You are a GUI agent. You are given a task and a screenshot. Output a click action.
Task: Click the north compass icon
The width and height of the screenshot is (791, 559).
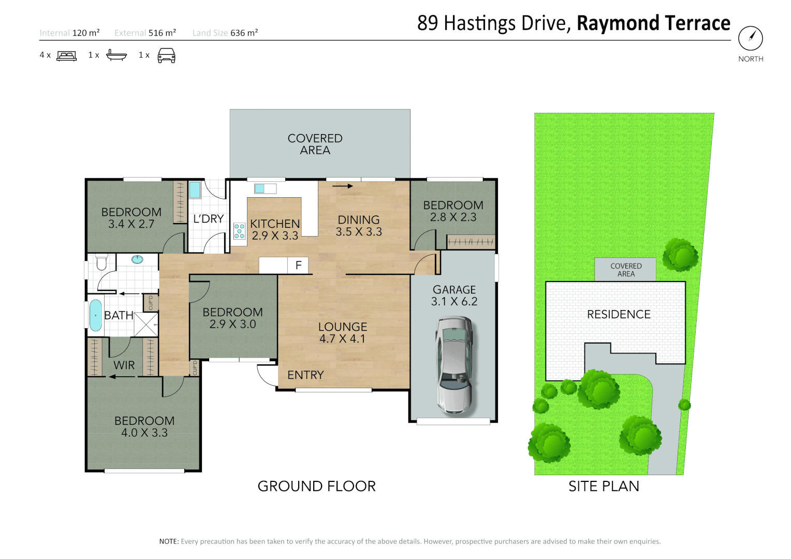coord(750,38)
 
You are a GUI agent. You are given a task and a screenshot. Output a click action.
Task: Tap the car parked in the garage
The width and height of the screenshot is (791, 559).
coord(454,365)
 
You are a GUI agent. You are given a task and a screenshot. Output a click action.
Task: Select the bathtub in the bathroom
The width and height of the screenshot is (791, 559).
coord(96,315)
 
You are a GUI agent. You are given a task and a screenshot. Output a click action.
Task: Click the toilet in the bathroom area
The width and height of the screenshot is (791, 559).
coord(101,262)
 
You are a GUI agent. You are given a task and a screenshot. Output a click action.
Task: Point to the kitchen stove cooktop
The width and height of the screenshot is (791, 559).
coord(239,231)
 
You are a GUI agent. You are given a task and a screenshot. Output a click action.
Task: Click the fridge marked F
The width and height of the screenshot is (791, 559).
coord(298,266)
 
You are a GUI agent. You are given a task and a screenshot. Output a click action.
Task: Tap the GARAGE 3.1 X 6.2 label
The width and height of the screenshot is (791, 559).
coord(454,296)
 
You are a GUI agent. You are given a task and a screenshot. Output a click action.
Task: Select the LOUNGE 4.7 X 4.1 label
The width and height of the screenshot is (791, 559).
coord(343,333)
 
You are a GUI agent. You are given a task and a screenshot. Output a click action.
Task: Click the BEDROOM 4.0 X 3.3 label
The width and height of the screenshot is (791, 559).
coord(144,426)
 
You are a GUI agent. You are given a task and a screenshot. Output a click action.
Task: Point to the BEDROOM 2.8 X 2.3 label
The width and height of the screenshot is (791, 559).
coord(453,211)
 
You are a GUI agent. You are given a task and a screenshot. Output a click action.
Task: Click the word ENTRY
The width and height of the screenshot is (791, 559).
coord(305,375)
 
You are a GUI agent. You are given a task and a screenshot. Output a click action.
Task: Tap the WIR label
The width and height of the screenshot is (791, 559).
coord(124,365)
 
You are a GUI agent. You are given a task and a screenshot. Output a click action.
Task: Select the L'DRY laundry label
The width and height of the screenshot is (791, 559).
coord(208,219)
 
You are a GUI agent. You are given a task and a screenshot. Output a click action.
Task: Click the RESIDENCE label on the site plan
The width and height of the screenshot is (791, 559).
coord(619,314)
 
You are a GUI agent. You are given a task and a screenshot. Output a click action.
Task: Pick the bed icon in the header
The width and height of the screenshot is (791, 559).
coord(66,55)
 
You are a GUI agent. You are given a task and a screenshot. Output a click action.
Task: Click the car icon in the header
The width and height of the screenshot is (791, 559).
coord(166,55)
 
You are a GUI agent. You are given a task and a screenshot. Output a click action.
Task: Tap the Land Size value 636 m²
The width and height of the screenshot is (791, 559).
coord(244,33)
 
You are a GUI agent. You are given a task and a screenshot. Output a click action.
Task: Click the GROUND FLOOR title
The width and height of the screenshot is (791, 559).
coord(316,486)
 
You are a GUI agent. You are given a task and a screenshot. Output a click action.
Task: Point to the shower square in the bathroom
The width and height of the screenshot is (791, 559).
coord(146,325)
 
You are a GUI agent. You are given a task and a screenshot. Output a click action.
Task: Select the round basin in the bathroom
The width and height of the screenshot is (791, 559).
coord(137,259)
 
